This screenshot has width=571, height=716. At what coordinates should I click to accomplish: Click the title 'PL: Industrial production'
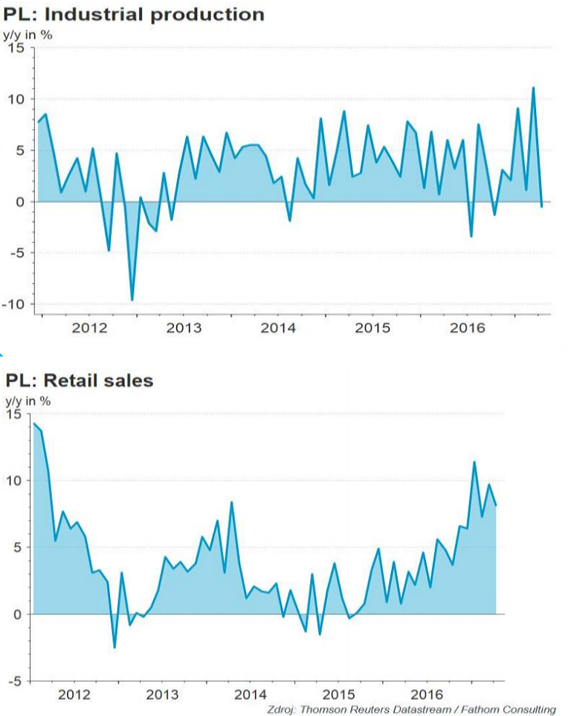pyautogui.click(x=135, y=14)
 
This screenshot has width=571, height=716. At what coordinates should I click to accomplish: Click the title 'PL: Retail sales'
pyautogui.click(x=80, y=381)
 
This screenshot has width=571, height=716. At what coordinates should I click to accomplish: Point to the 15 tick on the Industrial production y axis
pyautogui.click(x=16, y=48)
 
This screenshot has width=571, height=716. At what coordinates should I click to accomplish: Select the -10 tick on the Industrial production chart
pyautogui.click(x=14, y=305)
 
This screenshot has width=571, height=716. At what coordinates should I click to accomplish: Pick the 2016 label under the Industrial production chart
pyautogui.click(x=467, y=328)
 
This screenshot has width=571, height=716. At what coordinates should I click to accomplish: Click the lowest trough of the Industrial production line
pyautogui.click(x=132, y=299)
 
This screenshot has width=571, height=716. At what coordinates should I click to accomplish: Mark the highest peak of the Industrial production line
pyautogui.click(x=533, y=88)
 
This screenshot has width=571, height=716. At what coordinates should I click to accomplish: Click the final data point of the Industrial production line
pyautogui.click(x=541, y=206)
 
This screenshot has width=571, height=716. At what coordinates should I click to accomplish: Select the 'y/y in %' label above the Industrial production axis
pyautogui.click(x=28, y=33)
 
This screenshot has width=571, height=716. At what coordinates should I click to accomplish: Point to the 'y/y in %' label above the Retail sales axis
pyautogui.click(x=28, y=401)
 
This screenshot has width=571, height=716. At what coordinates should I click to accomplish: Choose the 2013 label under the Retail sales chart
pyautogui.click(x=162, y=695)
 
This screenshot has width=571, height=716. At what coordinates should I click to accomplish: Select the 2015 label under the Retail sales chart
pyautogui.click(x=339, y=695)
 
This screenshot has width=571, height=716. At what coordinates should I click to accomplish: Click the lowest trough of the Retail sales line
pyautogui.click(x=114, y=648)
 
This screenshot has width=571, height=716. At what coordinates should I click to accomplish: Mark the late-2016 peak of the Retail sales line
pyautogui.click(x=474, y=462)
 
